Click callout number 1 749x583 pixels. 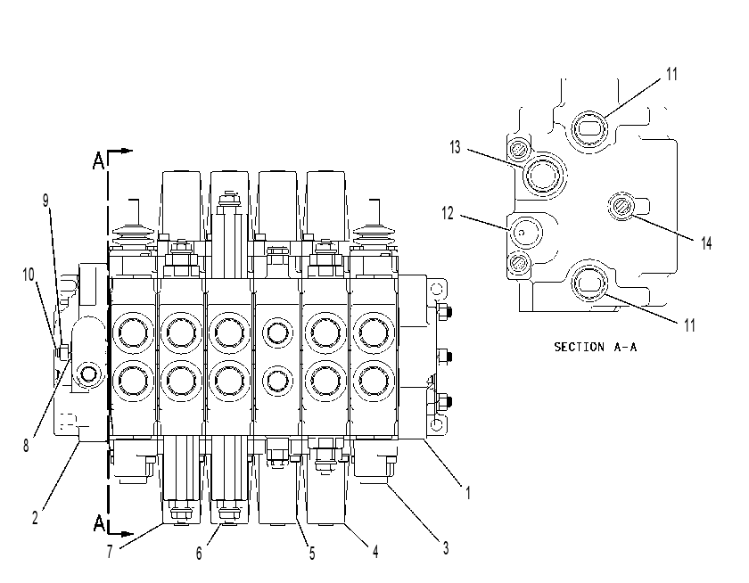tap(468, 492)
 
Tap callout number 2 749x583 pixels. tap(35, 518)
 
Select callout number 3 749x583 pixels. tap(445, 547)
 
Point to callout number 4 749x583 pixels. tap(375, 552)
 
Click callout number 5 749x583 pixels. tap(312, 554)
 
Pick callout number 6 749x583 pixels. tap(199, 554)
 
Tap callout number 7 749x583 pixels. tap(110, 552)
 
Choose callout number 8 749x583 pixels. tap(26, 446)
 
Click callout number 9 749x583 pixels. tap(45, 201)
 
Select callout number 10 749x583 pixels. tap(29, 275)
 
